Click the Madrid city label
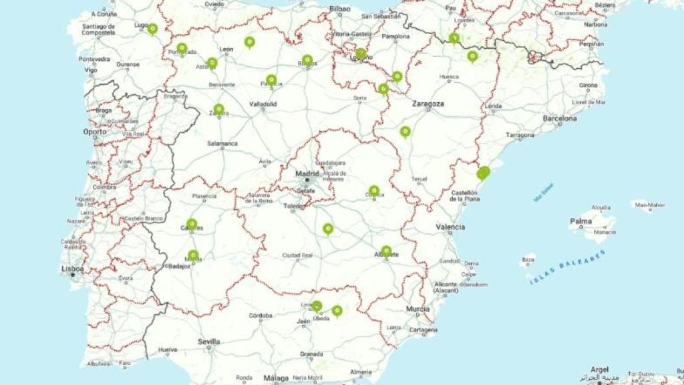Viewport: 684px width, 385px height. [307, 174]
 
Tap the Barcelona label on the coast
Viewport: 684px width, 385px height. [560, 118]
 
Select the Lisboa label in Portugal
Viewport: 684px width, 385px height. [73, 269]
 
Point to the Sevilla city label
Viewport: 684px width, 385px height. [208, 342]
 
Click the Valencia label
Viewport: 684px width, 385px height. [450, 227]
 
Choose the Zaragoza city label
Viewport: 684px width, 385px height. [428, 104]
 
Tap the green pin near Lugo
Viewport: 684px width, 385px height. [152, 29]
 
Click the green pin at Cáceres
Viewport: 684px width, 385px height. [192, 224]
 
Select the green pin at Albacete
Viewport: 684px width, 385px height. [386, 251]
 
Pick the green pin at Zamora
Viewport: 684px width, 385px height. [218, 109]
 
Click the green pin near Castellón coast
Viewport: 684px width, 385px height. [483, 173]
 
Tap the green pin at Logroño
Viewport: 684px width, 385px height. [361, 53]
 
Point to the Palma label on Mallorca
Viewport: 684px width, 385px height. [580, 221]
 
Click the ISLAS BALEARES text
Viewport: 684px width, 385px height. [568, 267]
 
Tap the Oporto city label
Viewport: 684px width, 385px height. [94, 132]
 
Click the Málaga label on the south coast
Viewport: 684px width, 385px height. [276, 378]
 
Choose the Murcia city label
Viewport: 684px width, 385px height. [417, 309]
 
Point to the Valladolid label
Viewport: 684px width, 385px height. [263, 104]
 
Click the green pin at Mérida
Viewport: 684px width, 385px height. [193, 255]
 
